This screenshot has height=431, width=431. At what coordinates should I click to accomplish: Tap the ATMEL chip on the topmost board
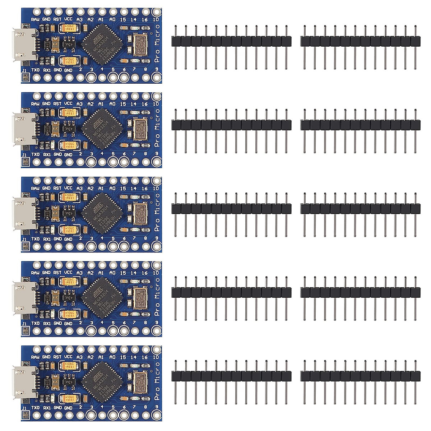[x=102, y=44]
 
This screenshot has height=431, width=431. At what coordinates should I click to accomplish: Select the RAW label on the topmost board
[x=35, y=19]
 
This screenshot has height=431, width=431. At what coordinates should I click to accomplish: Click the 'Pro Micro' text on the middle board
[x=157, y=212]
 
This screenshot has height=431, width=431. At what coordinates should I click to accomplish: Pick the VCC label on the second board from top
[x=68, y=103]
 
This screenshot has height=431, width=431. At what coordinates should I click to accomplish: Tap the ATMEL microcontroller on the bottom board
[x=102, y=382]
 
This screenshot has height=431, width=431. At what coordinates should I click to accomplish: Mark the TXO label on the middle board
[x=36, y=239]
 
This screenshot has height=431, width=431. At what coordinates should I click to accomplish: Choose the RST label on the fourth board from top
[x=57, y=273]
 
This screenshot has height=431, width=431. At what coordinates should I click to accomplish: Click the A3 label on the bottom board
[x=79, y=357]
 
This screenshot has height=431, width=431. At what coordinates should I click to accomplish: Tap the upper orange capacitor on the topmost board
[x=68, y=28]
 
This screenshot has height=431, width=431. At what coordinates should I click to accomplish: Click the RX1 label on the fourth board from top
[x=47, y=323]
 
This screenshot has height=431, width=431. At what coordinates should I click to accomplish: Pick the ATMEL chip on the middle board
[x=102, y=213]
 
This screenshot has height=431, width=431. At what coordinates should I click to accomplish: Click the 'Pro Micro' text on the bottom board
[x=157, y=381]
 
